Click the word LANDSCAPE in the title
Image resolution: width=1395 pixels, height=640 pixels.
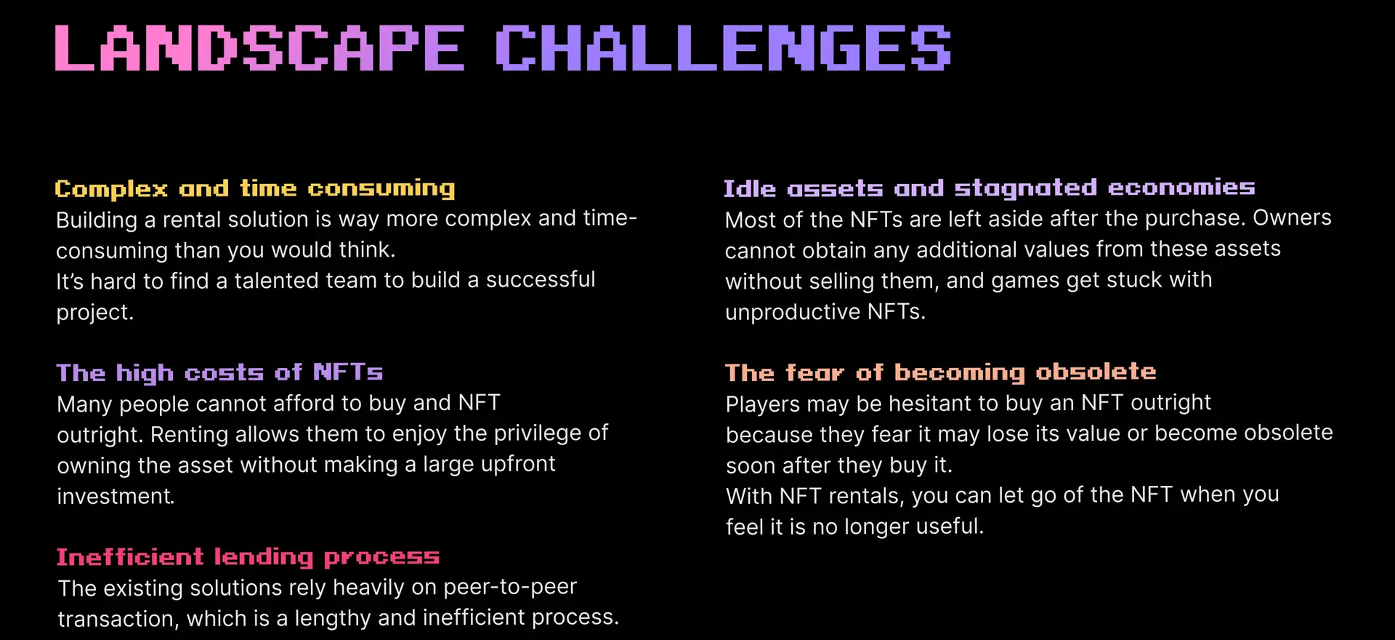pos(259,48)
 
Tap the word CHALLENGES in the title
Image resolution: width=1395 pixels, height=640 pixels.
pos(723,48)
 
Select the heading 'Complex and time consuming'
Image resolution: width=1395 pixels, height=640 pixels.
pos(255,189)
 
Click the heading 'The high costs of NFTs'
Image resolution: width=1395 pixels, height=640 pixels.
pos(219,373)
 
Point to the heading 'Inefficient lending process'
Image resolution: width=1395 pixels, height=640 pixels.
pos(248,557)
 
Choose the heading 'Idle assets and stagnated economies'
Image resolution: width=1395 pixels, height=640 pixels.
pos(990,188)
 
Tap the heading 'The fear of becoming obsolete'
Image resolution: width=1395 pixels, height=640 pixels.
pos(941,372)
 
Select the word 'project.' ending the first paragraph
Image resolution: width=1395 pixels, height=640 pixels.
pos(95,312)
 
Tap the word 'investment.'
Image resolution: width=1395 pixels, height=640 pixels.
pos(116,496)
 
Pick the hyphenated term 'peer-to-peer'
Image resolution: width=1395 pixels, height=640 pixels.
pos(510,587)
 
